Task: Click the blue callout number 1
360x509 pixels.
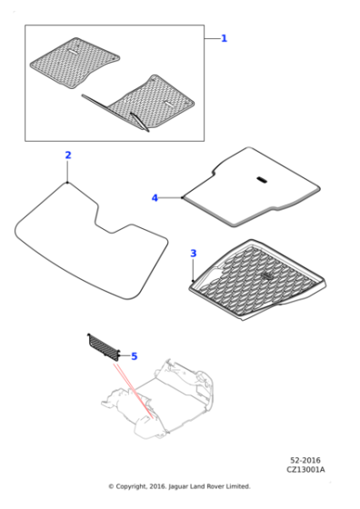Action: [x=225, y=38]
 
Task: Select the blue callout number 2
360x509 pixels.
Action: [x=67, y=155]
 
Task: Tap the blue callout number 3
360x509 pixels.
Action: [x=193, y=253]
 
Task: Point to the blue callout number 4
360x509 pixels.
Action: [x=155, y=197]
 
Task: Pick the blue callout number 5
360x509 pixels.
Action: [x=134, y=356]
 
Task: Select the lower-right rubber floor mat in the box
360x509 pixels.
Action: [x=150, y=102]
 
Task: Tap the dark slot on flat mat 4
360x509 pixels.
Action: [x=260, y=180]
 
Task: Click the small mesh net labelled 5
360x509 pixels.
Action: [x=103, y=346]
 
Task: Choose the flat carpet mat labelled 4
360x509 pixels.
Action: [x=250, y=191]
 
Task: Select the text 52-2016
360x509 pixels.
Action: [x=304, y=461]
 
